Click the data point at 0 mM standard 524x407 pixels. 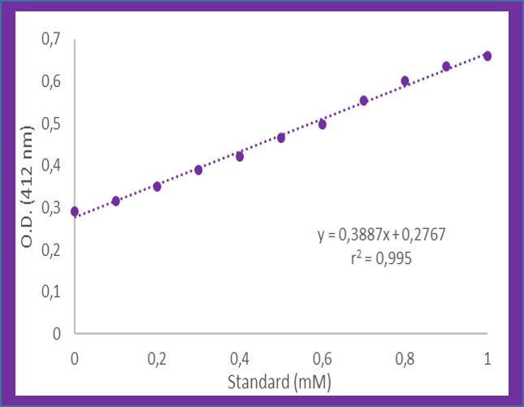pyautogui.click(x=75, y=211)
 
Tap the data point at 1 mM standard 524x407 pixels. pyautogui.click(x=487, y=55)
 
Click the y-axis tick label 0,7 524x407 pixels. pyautogui.click(x=50, y=40)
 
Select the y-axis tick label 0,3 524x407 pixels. pyautogui.click(x=50, y=207)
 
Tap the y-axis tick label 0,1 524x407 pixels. pyautogui.click(x=50, y=291)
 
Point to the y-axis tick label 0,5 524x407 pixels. pyautogui.click(x=50, y=123)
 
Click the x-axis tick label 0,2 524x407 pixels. pyautogui.click(x=157, y=358)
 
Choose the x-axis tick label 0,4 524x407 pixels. pyautogui.click(x=240, y=358)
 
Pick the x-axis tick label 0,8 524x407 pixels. pyautogui.click(x=405, y=358)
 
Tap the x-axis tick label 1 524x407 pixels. pyautogui.click(x=487, y=358)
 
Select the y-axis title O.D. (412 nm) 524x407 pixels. pyautogui.click(x=28, y=186)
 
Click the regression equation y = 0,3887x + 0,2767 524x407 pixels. pyautogui.click(x=381, y=235)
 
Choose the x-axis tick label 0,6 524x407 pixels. pyautogui.click(x=323, y=358)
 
